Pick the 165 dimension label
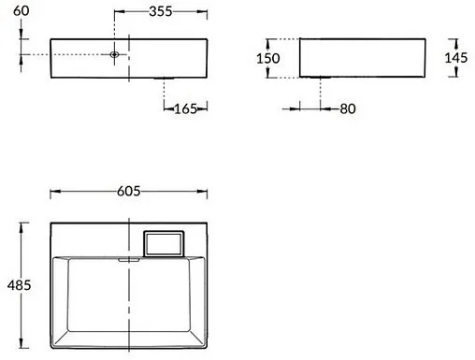186,109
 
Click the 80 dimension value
348,109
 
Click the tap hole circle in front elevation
114,55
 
